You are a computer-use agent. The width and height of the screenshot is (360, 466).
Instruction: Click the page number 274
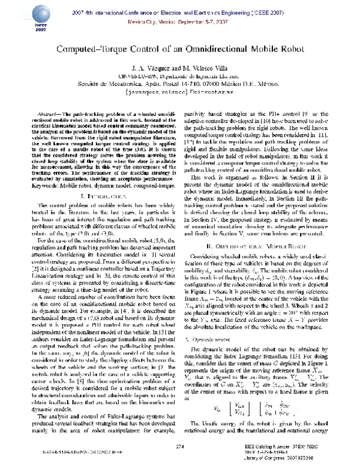179,446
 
